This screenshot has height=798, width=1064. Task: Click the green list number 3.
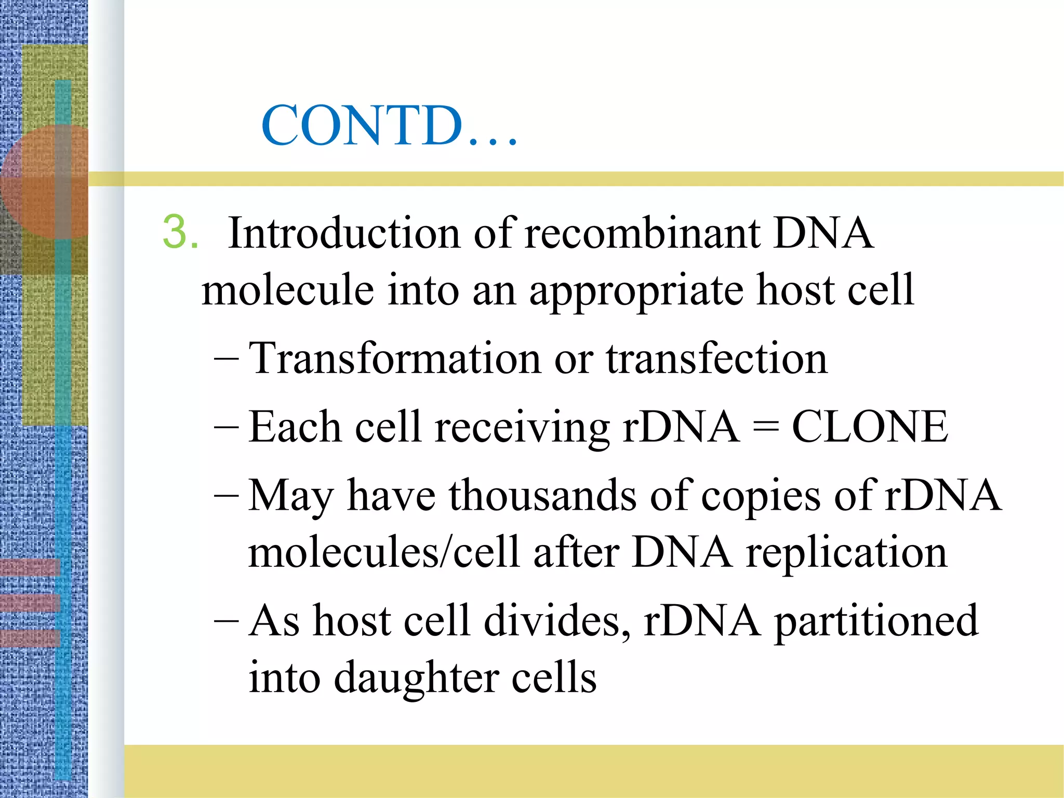click(x=180, y=232)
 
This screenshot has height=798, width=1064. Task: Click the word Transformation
click(x=395, y=358)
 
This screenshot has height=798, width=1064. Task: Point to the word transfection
click(x=716, y=358)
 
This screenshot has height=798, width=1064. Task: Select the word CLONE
click(x=870, y=427)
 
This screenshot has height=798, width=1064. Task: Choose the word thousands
click(x=543, y=495)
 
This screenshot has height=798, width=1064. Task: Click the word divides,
click(x=557, y=621)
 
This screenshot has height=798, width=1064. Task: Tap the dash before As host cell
click(x=227, y=621)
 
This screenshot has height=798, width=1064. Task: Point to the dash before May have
click(x=227, y=495)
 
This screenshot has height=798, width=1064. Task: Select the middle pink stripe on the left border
click(x=30, y=603)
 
